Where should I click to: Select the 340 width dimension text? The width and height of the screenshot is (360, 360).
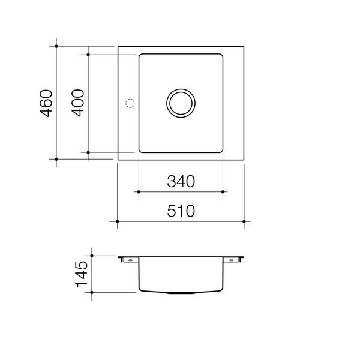(x=181, y=182)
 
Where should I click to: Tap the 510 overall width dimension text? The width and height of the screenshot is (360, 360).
(x=181, y=211)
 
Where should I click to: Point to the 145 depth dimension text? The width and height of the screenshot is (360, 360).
(x=82, y=274)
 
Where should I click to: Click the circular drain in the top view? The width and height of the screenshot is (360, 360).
(x=181, y=103)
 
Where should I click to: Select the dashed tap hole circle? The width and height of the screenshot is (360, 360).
(x=128, y=103)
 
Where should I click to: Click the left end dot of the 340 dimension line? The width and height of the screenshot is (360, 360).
(x=139, y=192)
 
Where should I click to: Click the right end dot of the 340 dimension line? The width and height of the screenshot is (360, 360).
(x=223, y=192)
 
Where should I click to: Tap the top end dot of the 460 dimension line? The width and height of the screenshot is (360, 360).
(x=56, y=46)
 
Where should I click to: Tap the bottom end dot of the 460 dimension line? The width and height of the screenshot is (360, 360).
(x=56, y=160)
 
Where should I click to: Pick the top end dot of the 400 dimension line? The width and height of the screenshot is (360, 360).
(x=88, y=55)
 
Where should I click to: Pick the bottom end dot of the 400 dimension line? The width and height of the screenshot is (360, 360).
(x=88, y=153)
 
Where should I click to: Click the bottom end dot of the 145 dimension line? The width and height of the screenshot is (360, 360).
(x=92, y=293)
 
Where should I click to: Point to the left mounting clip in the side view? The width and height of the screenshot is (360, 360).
(x=127, y=259)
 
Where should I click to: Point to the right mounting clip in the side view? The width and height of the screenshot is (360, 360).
(x=233, y=259)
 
